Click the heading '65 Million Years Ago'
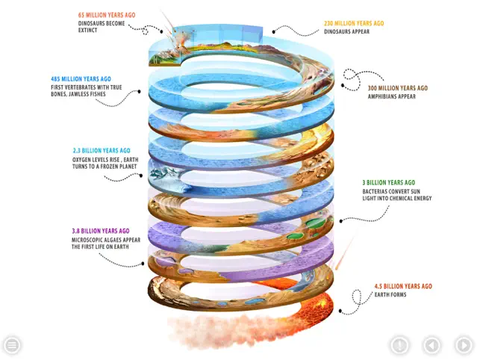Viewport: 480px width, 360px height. (107, 15)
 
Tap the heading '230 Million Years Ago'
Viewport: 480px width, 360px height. (354, 23)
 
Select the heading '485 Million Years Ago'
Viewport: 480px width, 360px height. (81, 79)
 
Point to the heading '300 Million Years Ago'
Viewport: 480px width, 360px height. (398, 88)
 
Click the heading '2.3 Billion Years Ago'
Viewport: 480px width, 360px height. (102, 151)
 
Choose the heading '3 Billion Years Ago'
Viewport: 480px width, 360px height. (389, 182)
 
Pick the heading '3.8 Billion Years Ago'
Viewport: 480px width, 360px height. (101, 231)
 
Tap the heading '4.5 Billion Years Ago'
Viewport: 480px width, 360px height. (403, 286)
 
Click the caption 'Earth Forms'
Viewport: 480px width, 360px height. (390, 295)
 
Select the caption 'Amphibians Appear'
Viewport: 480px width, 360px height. (391, 96)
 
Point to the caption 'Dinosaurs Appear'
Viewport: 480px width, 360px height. (346, 31)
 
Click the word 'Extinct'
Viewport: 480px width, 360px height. (87, 31)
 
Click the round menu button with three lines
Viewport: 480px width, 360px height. (12, 345)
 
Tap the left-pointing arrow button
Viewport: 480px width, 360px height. (432, 345)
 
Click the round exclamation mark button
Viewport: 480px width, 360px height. (400, 345)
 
